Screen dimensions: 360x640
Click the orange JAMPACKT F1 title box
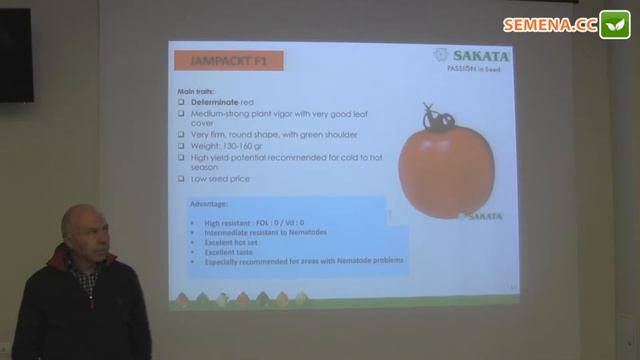click(227, 61)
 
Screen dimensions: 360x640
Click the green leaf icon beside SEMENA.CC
click(614, 25)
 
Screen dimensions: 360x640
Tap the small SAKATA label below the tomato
click(481, 216)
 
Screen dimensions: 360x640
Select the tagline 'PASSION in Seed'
click(470, 70)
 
